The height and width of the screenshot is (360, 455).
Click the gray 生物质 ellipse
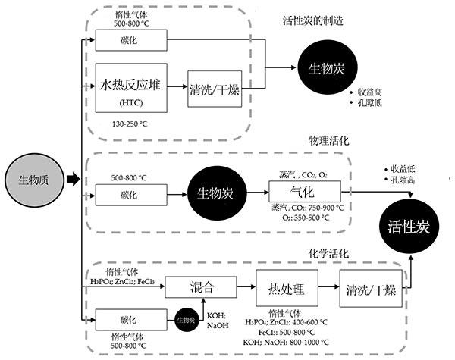(x=33, y=180)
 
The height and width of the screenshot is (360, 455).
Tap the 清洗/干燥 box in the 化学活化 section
(x=370, y=290)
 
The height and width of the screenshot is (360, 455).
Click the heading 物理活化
(x=328, y=142)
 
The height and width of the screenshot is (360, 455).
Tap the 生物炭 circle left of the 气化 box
(x=212, y=192)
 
